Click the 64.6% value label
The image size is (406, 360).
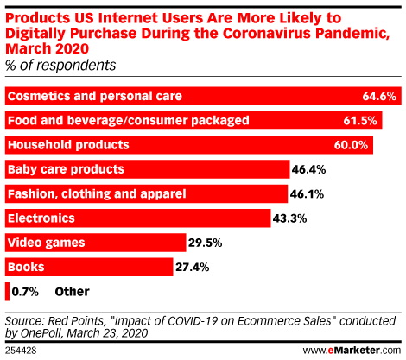(379, 96)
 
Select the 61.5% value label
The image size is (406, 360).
(360, 121)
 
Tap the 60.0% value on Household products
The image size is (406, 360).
(351, 145)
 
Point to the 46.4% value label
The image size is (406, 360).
(308, 169)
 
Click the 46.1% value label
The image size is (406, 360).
(307, 194)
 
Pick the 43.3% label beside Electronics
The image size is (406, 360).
(289, 218)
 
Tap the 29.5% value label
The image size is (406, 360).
(206, 243)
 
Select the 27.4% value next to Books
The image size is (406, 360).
(193, 268)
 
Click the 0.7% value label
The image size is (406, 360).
(25, 292)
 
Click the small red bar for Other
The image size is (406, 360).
(7, 292)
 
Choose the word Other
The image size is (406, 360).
(72, 292)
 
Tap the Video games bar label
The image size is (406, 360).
(47, 243)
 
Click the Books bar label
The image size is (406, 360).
(26, 267)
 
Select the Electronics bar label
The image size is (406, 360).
(41, 218)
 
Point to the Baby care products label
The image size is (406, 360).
(66, 169)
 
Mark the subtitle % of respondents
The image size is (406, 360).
(60, 66)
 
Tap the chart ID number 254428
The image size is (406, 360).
(21, 351)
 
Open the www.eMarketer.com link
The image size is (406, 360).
(352, 351)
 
